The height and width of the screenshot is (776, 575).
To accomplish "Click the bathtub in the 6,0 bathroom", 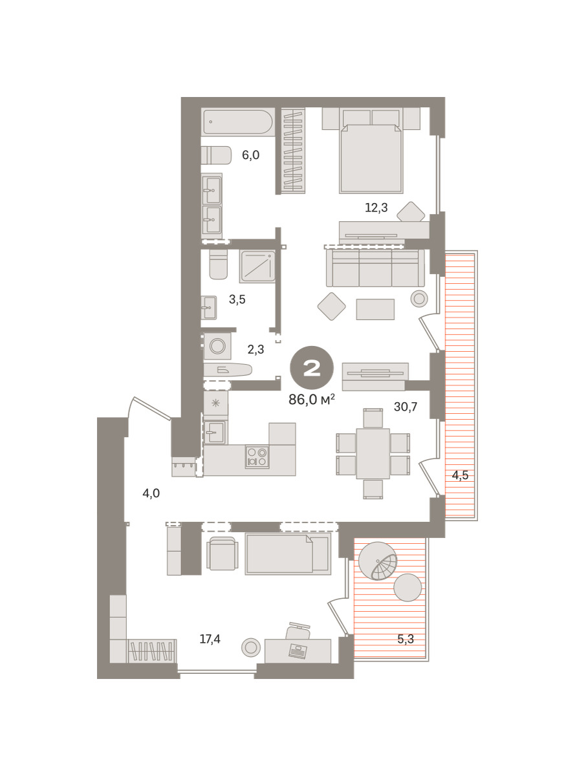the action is click(x=237, y=122).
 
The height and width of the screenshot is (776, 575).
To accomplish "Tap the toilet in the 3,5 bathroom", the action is click(x=219, y=264).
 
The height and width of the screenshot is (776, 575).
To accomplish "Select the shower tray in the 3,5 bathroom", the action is click(x=257, y=266).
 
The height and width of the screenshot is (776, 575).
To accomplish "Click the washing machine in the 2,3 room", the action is click(x=217, y=346).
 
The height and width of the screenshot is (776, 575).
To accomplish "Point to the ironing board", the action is click(x=228, y=370).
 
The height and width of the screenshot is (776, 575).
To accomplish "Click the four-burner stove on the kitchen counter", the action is click(x=257, y=457).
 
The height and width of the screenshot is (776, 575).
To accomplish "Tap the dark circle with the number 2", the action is click(x=312, y=368).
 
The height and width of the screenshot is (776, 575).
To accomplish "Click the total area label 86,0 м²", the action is click(x=312, y=399).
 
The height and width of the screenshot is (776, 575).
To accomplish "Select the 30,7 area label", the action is click(x=406, y=407).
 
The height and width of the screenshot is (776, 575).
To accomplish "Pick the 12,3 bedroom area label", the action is click(x=376, y=208).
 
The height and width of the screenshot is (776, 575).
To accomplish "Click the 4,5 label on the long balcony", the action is click(x=460, y=475).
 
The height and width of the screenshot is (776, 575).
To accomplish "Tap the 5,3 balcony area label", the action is click(x=406, y=639).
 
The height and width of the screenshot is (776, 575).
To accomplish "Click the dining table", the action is click(x=373, y=453).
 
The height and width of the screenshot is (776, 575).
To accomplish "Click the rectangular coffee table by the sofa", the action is click(x=375, y=309).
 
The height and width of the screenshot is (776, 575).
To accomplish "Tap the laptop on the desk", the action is click(x=298, y=651).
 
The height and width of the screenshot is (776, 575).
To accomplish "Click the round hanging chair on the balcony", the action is click(x=378, y=561).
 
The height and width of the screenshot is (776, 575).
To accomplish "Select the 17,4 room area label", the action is click(x=210, y=639).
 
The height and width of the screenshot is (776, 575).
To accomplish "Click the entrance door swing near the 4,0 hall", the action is click(x=149, y=408).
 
